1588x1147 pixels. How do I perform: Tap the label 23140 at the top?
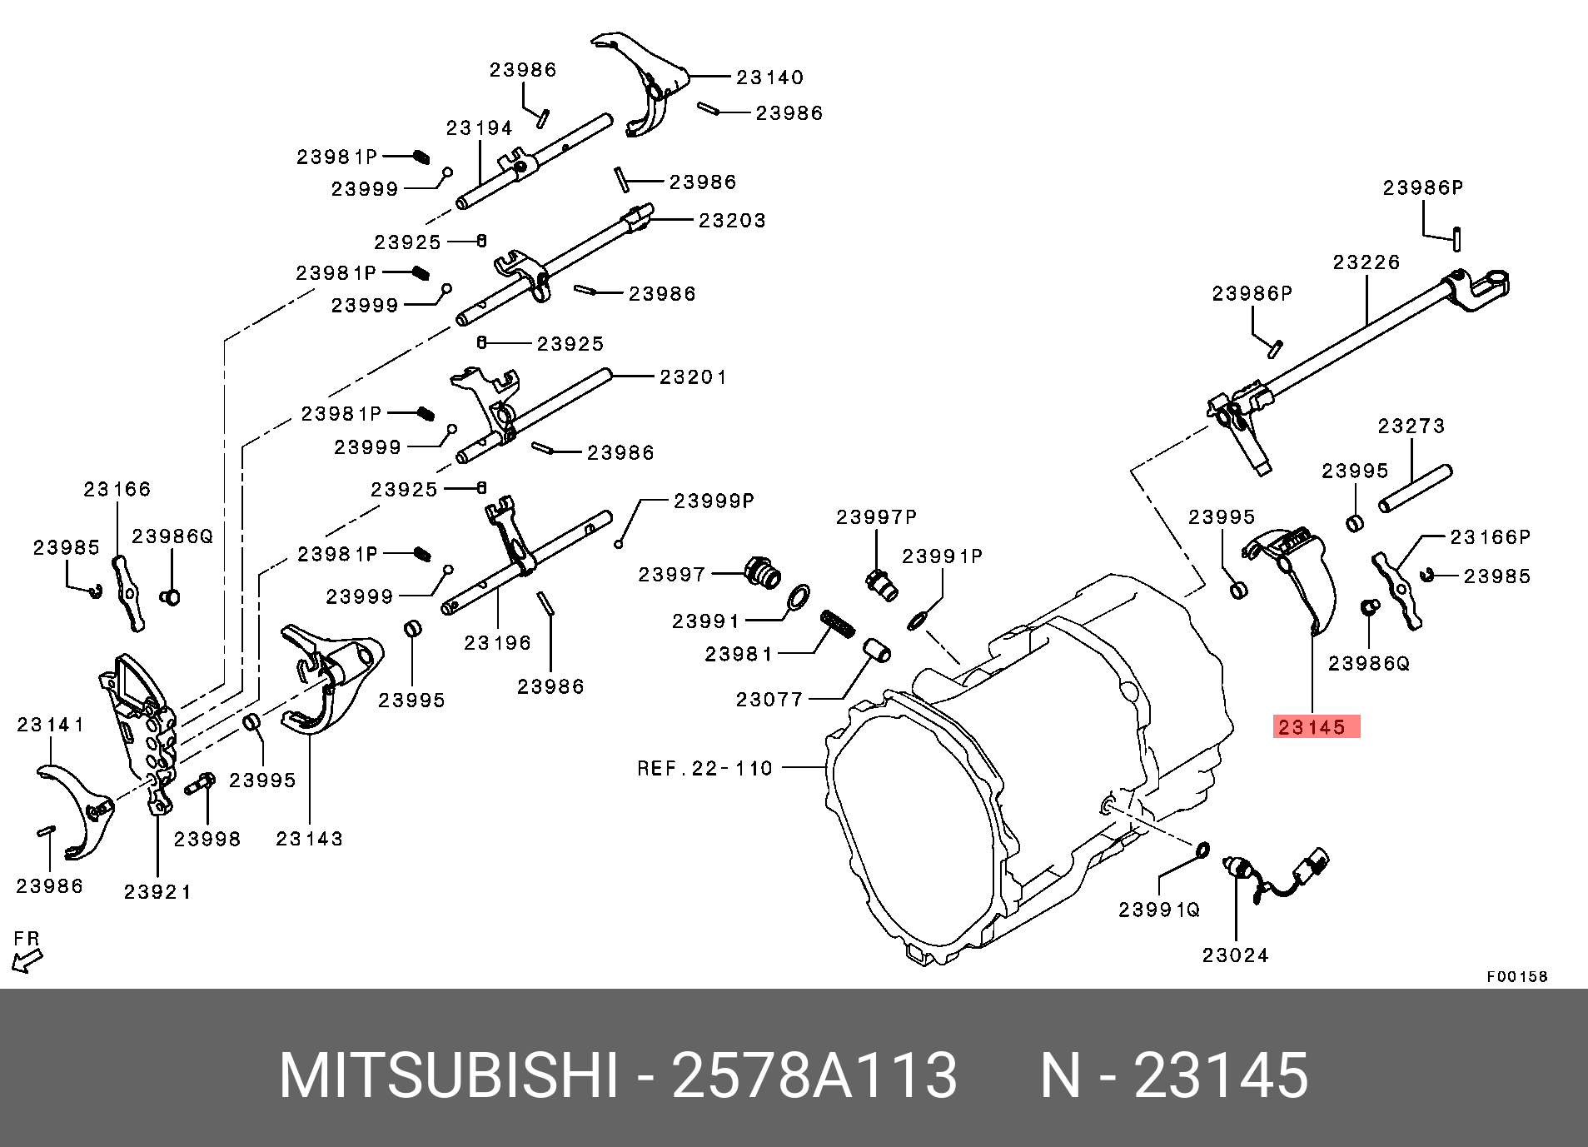pos(769,77)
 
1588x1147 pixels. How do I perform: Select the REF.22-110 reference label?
pos(704,768)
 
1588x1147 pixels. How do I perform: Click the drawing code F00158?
pos(1517,976)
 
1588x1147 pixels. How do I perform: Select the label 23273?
pos(1411,426)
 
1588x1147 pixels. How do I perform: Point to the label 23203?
pos(732,221)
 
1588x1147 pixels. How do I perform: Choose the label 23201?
pos(693,377)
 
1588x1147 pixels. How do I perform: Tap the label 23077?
pos(769,699)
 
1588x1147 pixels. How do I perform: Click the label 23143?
pos(309,839)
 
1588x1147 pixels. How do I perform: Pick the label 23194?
pos(480,128)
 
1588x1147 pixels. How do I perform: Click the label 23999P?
pos(714,501)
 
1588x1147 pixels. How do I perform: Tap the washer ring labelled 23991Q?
pos(1199,850)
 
